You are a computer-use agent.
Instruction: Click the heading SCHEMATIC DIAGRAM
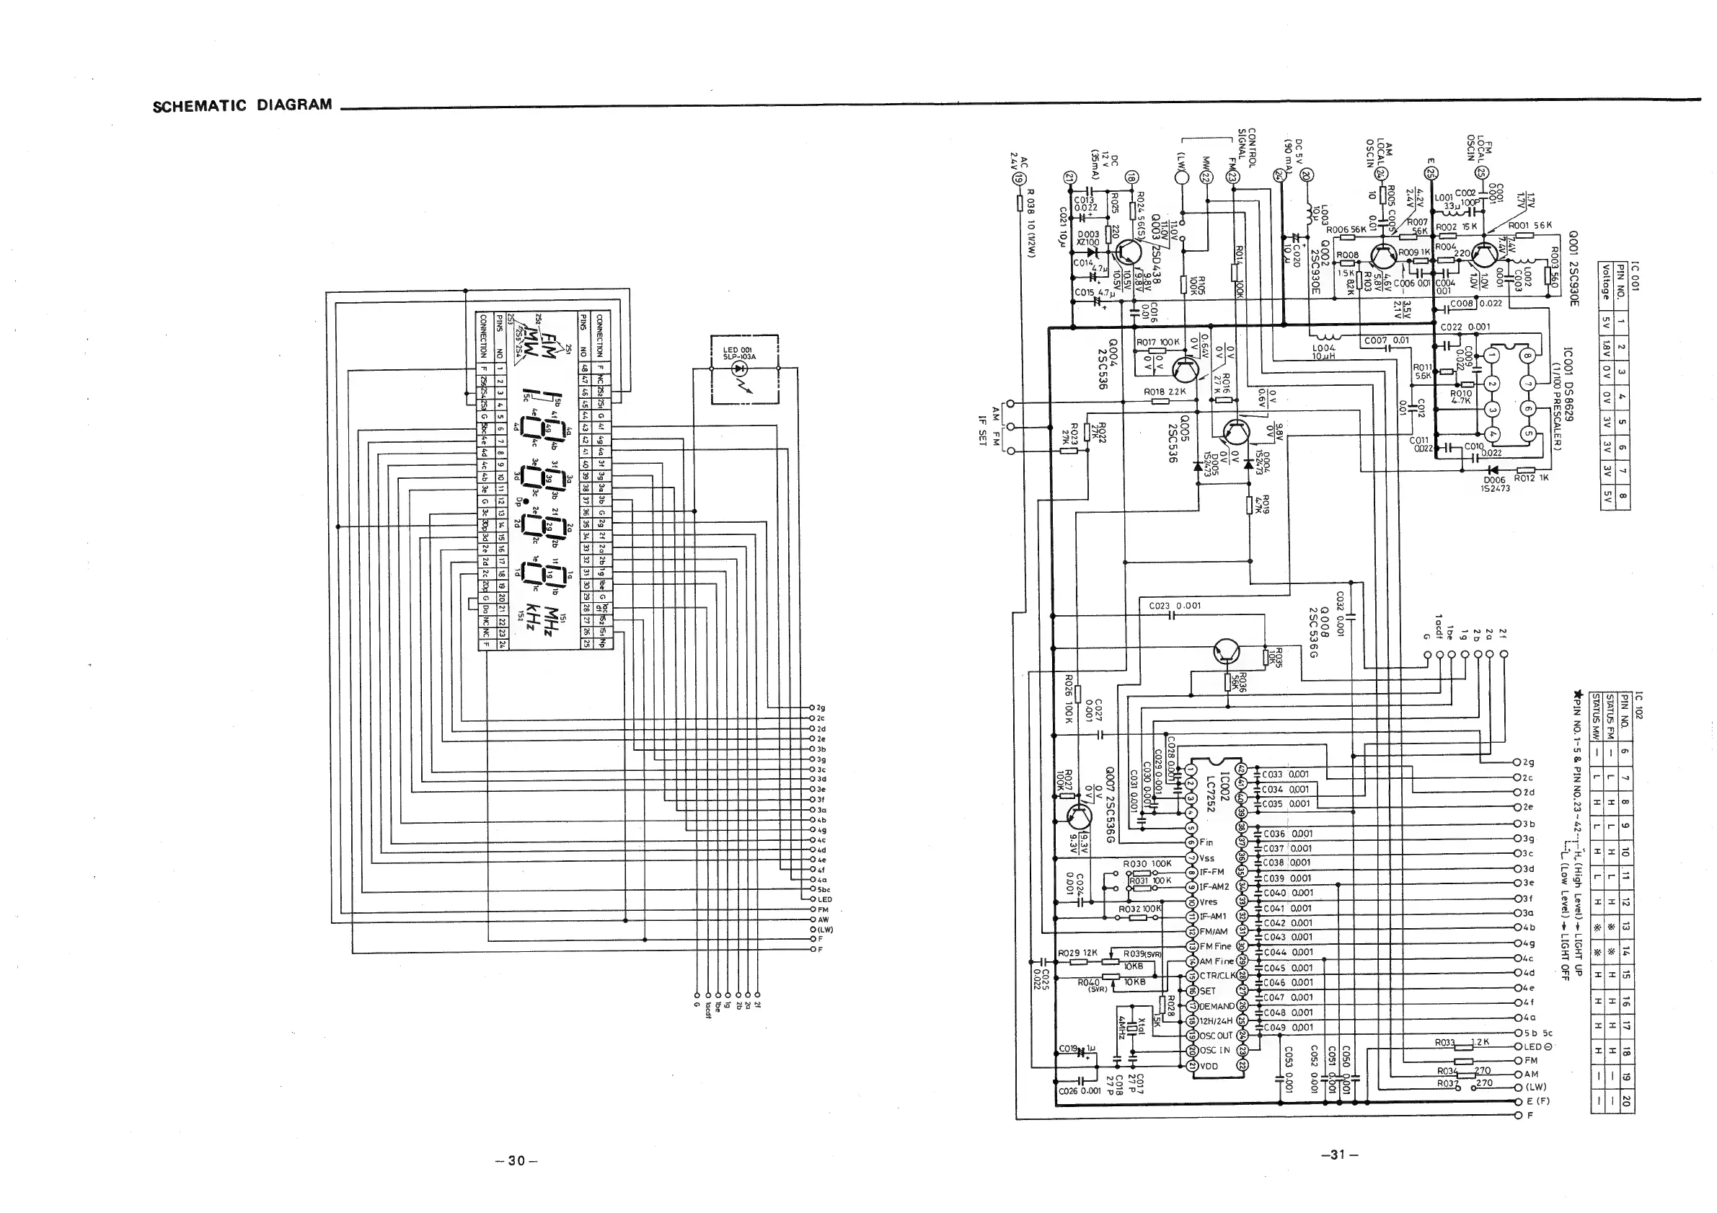tap(242, 105)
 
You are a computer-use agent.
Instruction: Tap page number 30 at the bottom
tap(516, 1160)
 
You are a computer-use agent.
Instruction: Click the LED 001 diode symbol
tap(740, 369)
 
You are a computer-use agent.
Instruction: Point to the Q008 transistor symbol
tap(1227, 652)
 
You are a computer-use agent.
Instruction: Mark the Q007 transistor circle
tap(1076, 816)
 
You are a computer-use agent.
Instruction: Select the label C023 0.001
tap(1175, 606)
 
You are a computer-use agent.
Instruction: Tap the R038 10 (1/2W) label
tap(1030, 224)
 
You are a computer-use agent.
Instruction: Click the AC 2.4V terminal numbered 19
tap(1017, 179)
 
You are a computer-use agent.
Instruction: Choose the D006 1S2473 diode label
tap(1496, 484)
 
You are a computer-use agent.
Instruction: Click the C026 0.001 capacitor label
tap(1080, 1090)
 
